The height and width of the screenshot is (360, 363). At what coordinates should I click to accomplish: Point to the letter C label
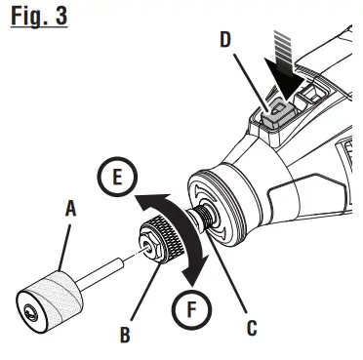pos(252,329)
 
